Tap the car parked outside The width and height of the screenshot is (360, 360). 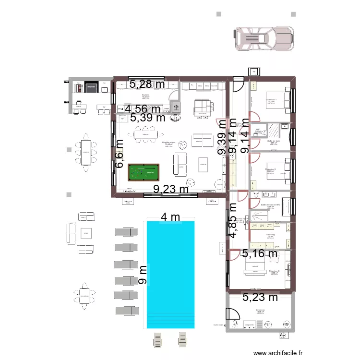point(264,38)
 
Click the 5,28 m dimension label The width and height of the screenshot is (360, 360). point(147,84)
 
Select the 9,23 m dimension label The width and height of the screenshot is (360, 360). point(171,190)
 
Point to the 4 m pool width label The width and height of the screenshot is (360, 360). point(170,217)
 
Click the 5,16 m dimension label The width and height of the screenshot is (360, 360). point(260,253)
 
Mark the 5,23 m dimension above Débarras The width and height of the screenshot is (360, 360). point(260,297)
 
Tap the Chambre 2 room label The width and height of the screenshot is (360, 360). point(270,169)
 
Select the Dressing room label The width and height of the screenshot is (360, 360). point(270,235)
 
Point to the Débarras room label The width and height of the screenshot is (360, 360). point(261,310)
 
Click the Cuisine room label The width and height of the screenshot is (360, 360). point(145,96)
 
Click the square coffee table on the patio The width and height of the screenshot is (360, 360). point(86,233)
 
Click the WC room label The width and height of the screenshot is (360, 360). point(258,129)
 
